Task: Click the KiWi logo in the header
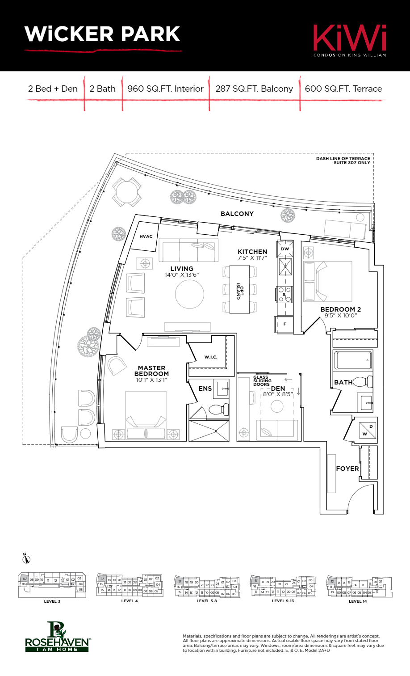coord(349,39)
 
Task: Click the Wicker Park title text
coord(102,35)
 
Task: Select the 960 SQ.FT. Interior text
coord(165,89)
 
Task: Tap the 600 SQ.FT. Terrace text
coord(343,89)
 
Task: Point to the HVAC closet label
coord(146,237)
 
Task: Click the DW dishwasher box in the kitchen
coord(285,249)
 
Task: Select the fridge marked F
coord(284,324)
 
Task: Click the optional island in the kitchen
coord(239,289)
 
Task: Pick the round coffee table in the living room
coord(189,294)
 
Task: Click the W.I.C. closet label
coord(211,357)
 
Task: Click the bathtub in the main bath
coord(353,360)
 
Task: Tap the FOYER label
coord(347,469)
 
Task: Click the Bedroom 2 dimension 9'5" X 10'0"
coord(340,316)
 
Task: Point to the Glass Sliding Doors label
coord(262,380)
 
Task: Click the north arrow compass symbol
coord(26,558)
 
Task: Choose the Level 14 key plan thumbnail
coord(359,587)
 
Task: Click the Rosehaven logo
coord(57,637)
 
